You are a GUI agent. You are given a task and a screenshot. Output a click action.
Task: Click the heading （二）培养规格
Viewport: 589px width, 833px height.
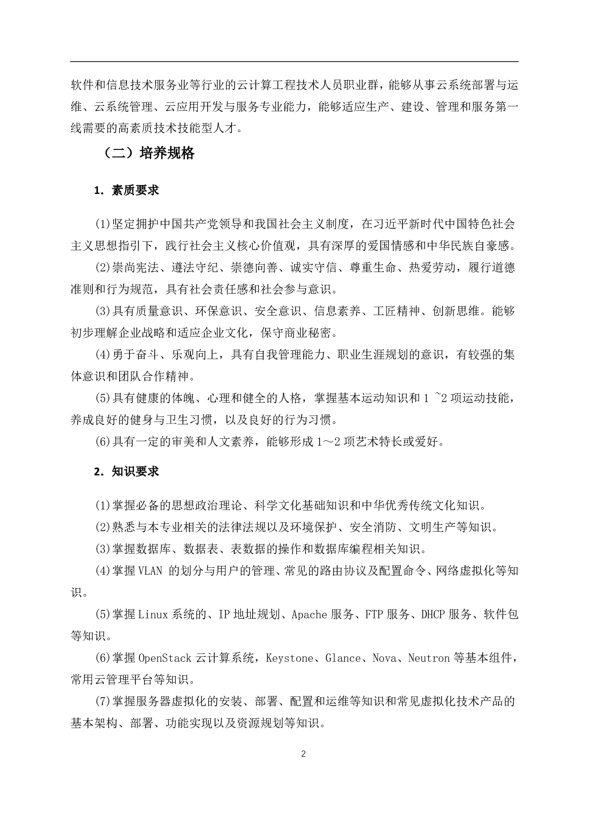148,153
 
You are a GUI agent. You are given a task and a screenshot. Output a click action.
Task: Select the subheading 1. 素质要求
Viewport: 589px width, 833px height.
126,190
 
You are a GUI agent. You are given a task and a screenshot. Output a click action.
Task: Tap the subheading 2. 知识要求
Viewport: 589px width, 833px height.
126,471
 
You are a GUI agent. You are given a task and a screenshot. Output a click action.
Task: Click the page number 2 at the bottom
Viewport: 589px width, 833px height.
303,754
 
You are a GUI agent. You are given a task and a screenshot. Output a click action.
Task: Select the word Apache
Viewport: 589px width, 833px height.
309,615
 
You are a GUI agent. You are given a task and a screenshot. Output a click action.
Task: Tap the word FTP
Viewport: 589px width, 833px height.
374,615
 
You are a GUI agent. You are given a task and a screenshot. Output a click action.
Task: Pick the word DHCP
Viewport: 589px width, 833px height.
433,615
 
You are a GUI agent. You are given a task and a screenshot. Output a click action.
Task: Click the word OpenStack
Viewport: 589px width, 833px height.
165,658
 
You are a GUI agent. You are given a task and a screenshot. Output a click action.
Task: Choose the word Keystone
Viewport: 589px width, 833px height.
289,658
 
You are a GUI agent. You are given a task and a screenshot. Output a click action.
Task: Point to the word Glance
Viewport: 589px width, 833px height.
343,658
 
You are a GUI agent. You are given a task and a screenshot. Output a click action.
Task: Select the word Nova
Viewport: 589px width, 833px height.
384,658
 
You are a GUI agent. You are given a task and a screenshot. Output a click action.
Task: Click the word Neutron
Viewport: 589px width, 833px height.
429,658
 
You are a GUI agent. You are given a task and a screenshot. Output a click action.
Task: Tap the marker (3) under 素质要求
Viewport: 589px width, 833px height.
102,311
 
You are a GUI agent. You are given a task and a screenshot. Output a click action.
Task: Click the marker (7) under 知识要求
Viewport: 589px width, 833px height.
102,702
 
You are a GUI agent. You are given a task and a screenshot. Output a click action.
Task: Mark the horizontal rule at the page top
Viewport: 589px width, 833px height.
294,62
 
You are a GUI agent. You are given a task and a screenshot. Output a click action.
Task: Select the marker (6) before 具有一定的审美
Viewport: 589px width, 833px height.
102,442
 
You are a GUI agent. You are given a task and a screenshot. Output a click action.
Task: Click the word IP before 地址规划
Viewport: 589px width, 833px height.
224,615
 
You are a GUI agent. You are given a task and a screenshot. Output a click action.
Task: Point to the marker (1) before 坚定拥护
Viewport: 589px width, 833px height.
102,224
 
